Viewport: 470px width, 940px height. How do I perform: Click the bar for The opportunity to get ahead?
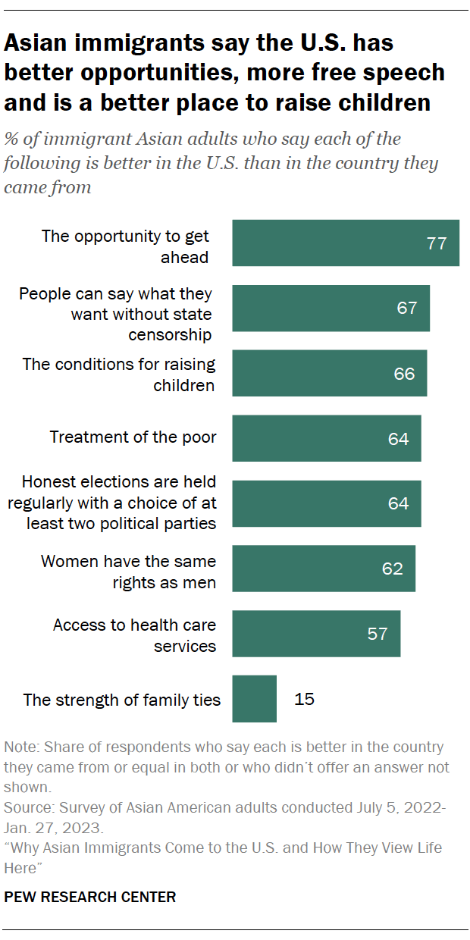point(346,243)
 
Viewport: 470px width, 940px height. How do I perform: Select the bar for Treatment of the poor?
point(327,438)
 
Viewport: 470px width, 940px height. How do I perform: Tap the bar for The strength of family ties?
point(255,698)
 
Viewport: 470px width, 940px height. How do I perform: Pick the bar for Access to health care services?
point(316,634)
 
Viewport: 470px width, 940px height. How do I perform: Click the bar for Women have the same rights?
point(324,569)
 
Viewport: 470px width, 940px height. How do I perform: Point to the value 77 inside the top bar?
point(437,243)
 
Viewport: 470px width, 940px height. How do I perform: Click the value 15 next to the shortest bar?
point(304,698)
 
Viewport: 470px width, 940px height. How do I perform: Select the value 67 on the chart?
point(407,308)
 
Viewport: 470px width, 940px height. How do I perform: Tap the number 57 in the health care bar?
point(378,634)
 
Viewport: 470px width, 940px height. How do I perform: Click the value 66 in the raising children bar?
point(404,374)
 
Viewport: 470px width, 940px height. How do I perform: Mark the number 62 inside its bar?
point(393,569)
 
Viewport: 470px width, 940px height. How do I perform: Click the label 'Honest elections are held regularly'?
point(119,503)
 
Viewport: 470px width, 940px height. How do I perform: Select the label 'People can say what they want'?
point(115,314)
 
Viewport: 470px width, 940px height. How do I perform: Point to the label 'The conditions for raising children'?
point(119,374)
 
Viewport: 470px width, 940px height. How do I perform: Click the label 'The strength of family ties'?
point(122,700)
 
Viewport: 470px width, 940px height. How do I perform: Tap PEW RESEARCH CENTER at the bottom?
point(90,897)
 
